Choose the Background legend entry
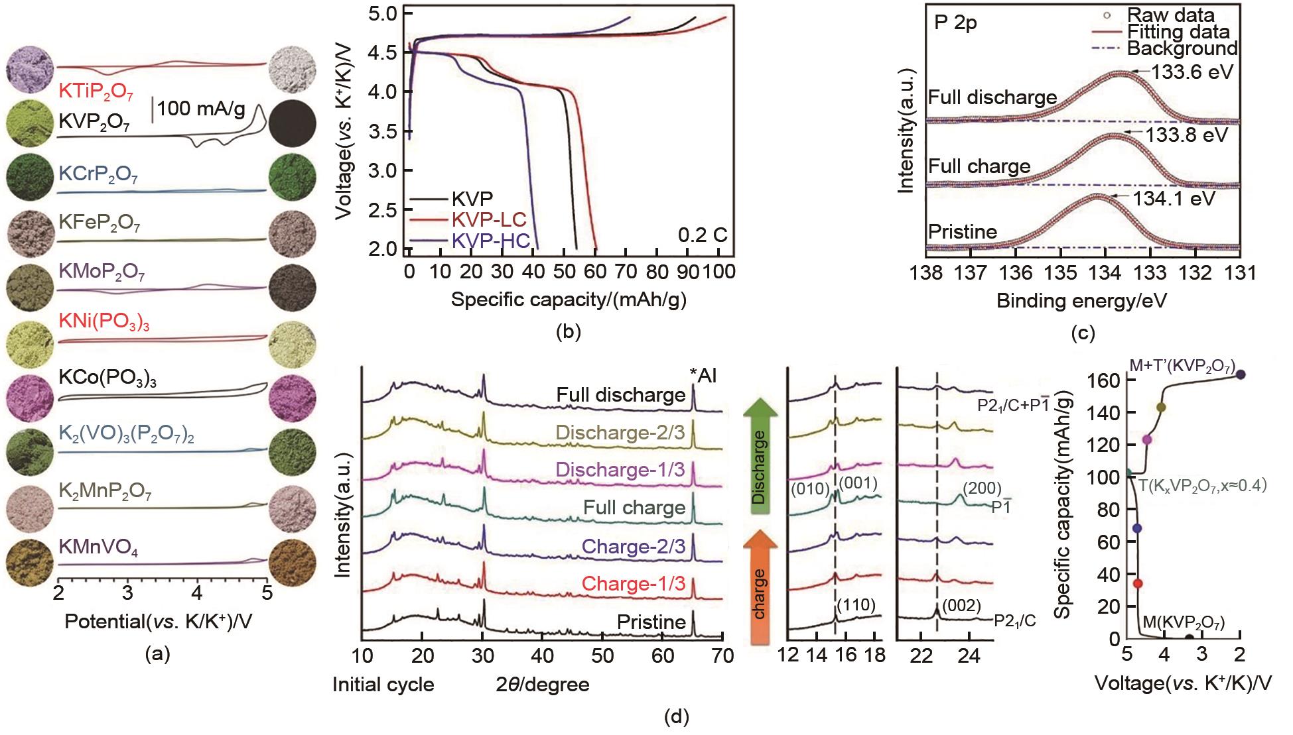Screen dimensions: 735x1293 1182,48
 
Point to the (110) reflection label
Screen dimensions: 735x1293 856,604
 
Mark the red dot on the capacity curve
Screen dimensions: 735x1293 1138,583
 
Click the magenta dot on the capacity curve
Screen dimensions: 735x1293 1146,440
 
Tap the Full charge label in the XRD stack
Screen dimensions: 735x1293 634,508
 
